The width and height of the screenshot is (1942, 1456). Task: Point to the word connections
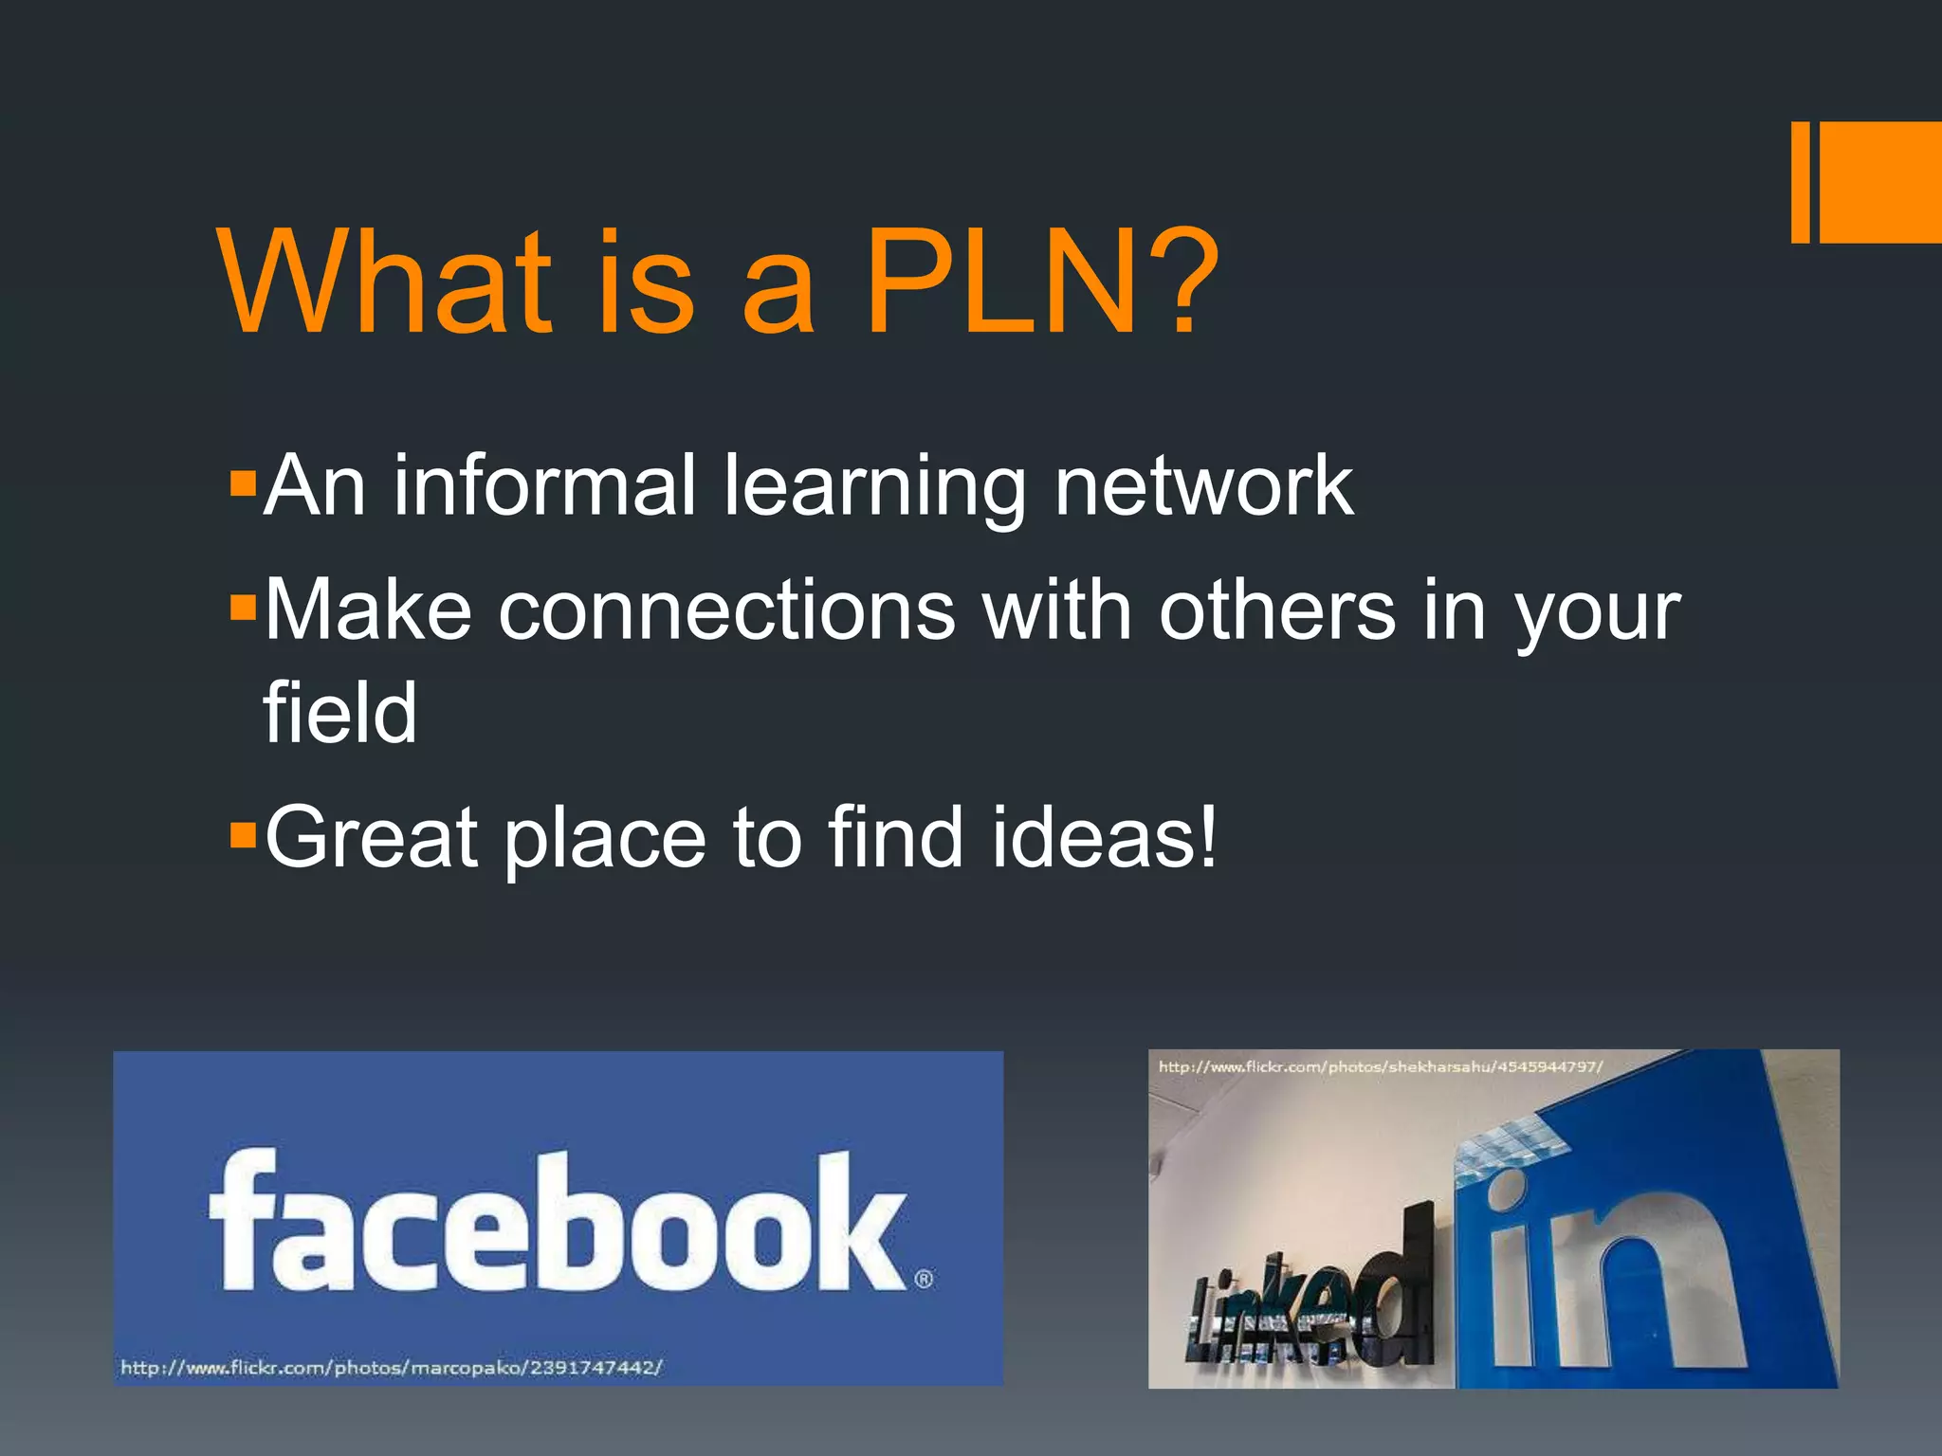(x=726, y=610)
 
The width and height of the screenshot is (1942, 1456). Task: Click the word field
(x=339, y=712)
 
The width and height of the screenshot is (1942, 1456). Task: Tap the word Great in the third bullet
(x=371, y=837)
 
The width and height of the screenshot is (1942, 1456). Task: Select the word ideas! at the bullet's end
(x=1104, y=837)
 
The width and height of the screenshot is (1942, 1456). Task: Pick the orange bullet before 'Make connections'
(x=243, y=609)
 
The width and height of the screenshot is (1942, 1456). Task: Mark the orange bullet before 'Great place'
(x=243, y=834)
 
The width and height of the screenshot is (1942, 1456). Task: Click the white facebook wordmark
(x=558, y=1221)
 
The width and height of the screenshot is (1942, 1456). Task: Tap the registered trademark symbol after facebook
(x=924, y=1279)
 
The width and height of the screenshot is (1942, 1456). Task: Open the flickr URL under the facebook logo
(x=391, y=1367)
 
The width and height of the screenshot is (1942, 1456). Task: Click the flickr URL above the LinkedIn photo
(x=1380, y=1066)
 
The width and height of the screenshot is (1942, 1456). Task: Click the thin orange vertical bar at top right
(x=1800, y=182)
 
